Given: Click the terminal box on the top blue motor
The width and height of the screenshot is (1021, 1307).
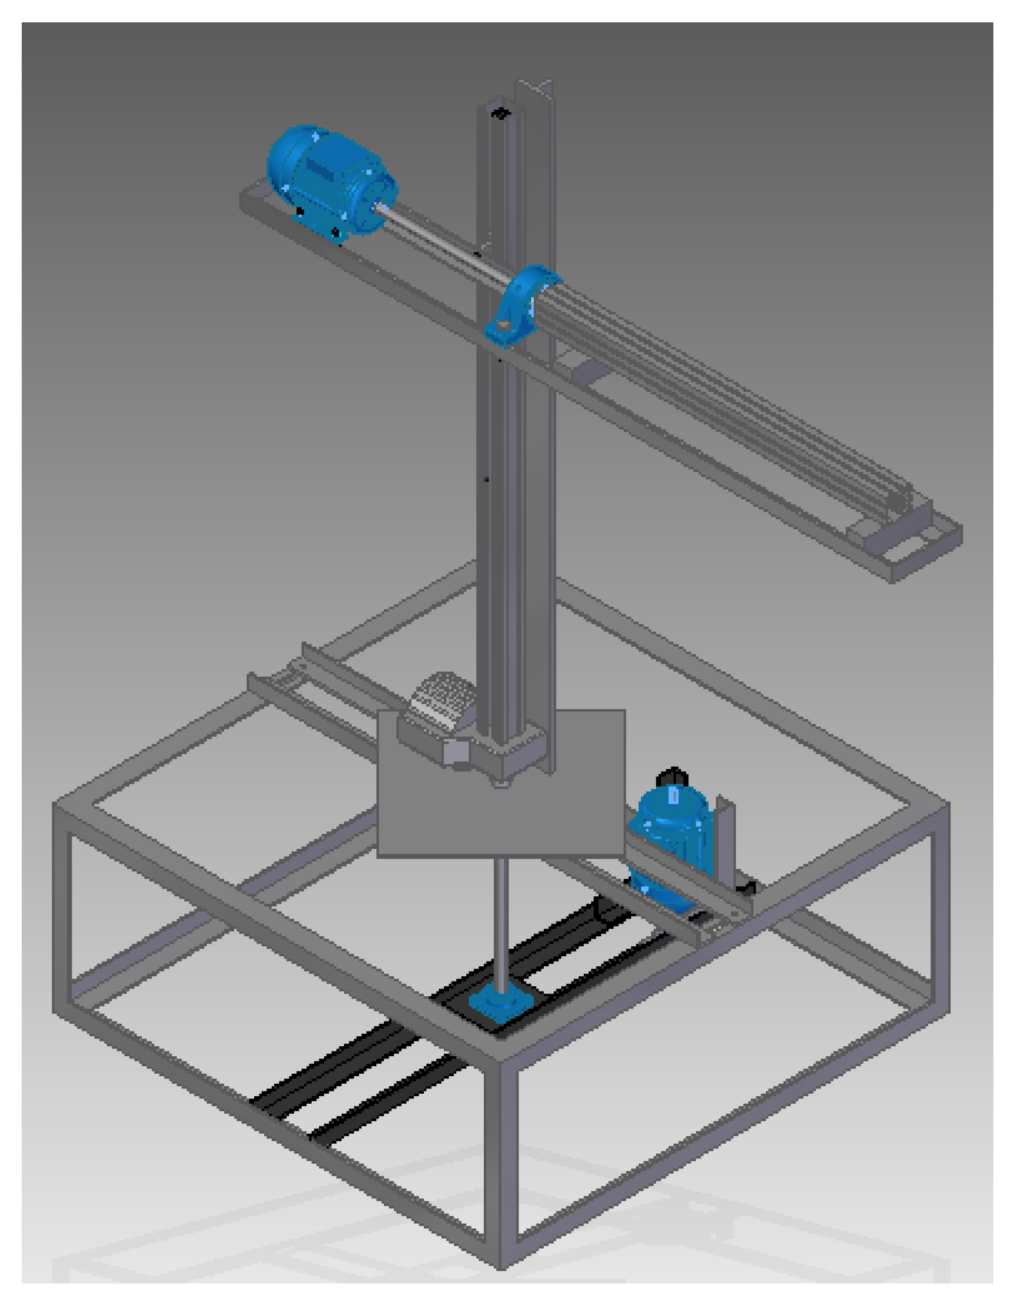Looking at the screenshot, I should click(x=324, y=164).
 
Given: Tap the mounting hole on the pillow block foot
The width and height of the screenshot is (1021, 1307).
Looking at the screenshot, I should click(x=504, y=327).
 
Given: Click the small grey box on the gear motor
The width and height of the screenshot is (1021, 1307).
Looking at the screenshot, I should click(x=457, y=753).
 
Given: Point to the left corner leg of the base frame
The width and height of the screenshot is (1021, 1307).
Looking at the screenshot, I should click(x=62, y=910).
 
